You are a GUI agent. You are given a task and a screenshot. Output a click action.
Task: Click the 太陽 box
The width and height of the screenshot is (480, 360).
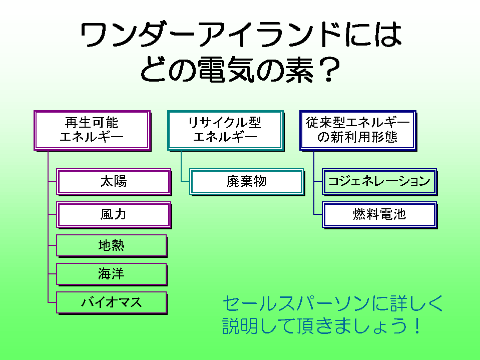[114, 181]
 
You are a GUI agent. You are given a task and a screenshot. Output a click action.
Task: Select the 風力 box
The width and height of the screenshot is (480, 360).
[114, 214]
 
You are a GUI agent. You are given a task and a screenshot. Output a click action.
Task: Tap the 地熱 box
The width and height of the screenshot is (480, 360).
[111, 245]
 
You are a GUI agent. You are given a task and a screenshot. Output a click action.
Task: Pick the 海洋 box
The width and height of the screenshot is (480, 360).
[111, 274]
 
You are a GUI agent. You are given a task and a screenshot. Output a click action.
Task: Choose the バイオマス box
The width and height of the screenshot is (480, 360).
[111, 302]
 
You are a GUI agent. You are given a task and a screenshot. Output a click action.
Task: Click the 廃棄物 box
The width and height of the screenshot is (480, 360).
[247, 181]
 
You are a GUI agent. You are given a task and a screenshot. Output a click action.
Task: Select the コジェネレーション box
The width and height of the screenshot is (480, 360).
[379, 181]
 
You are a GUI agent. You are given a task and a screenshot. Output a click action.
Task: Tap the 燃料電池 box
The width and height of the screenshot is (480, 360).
[379, 214]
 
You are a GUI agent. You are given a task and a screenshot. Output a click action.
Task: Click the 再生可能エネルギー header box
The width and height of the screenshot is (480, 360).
[92, 130]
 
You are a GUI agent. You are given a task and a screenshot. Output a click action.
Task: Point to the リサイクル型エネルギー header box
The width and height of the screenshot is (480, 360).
[225, 130]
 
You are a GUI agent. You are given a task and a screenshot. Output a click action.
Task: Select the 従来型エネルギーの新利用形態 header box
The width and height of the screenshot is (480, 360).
[357, 130]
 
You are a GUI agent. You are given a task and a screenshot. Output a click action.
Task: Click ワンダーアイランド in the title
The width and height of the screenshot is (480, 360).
[210, 36]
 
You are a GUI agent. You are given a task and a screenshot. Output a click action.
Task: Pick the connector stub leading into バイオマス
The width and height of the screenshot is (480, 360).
[52, 302]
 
